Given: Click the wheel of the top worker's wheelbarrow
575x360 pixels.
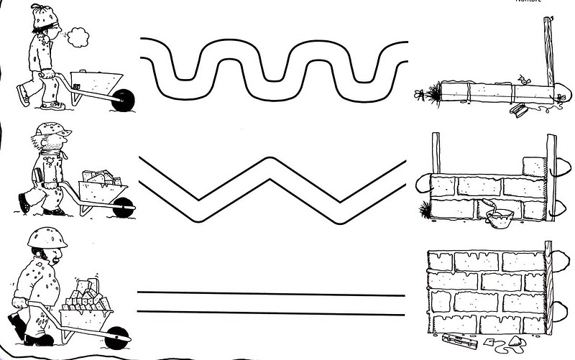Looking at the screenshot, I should (124, 100).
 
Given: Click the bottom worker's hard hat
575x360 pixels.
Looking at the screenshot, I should (44, 239).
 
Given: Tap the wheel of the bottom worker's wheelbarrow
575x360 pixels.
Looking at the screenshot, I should (118, 334).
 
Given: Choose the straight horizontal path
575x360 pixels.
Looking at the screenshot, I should (272, 303).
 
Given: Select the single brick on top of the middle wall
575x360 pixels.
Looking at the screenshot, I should (533, 165).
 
